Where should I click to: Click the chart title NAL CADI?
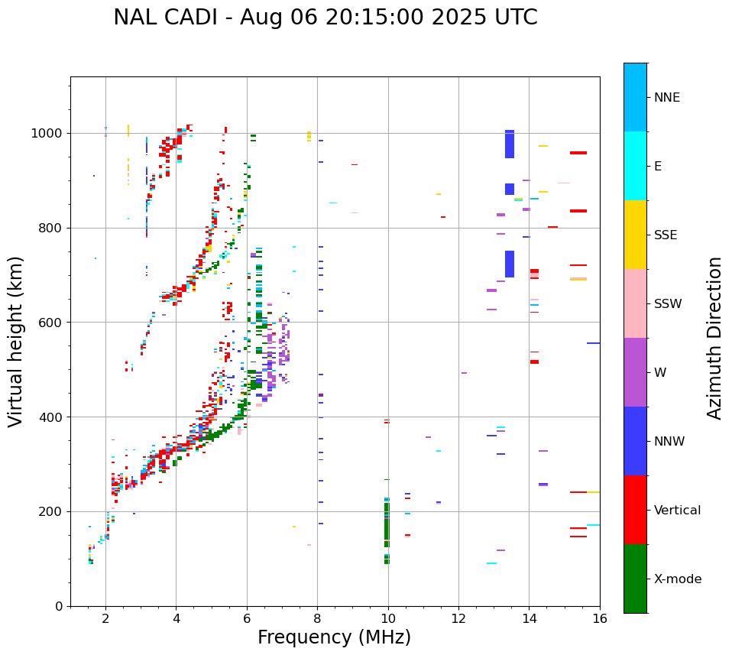[325, 18]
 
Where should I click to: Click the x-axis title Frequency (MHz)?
[334, 637]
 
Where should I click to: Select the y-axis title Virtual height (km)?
[16, 342]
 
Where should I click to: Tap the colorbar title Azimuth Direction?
[714, 338]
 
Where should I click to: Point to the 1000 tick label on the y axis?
[50, 134]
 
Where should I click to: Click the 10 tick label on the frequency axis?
[388, 619]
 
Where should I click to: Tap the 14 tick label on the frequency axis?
[529, 619]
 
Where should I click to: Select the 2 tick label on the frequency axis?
[105, 619]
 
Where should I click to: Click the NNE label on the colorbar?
[666, 98]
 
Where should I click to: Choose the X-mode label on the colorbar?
[677, 579]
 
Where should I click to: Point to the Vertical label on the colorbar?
[677, 511]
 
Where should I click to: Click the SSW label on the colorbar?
[668, 304]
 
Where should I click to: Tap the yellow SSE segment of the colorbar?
[635, 235]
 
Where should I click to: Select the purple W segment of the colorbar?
[635, 372]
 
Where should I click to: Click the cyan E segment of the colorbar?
[635, 166]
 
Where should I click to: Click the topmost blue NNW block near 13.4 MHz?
[510, 144]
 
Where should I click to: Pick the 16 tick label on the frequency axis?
[600, 619]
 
